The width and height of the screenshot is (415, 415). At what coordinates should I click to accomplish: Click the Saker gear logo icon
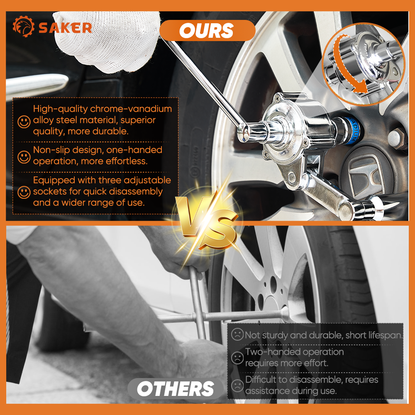(24, 27)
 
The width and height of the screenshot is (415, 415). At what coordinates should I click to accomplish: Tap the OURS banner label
(207, 30)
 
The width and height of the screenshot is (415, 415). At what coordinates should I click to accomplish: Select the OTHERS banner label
(176, 389)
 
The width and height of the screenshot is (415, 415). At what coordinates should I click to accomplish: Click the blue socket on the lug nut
(349, 130)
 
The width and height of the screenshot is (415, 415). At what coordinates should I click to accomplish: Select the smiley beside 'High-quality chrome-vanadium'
(24, 122)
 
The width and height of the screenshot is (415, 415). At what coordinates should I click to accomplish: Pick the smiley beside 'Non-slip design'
(24, 157)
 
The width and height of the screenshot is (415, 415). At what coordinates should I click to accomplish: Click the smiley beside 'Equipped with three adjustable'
(24, 192)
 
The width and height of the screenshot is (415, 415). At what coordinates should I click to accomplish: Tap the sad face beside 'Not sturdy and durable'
(237, 334)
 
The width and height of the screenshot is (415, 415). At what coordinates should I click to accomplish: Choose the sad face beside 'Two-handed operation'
(237, 358)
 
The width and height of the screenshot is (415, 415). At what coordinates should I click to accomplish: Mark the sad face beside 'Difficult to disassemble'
(237, 386)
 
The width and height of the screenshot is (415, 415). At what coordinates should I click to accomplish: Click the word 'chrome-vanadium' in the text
(131, 109)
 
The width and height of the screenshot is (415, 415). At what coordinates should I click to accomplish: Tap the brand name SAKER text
(65, 28)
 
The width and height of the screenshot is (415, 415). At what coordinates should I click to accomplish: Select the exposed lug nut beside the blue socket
(397, 138)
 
